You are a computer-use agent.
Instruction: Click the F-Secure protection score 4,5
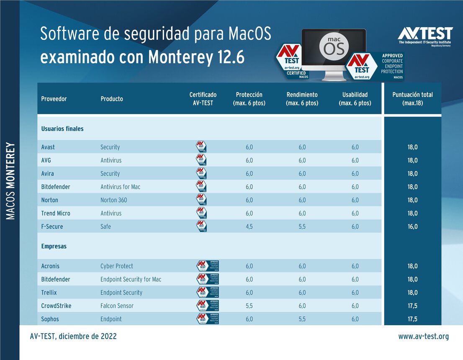[x=249, y=226]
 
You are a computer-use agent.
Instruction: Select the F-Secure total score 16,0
[x=412, y=226]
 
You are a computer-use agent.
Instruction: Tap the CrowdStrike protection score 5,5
[x=249, y=306]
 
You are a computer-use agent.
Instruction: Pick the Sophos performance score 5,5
[x=302, y=319]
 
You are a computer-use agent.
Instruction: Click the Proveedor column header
[x=54, y=99]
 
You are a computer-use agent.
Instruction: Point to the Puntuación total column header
[x=412, y=99]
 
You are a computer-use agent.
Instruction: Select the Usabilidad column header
[x=355, y=99]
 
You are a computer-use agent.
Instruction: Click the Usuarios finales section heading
[x=62, y=129]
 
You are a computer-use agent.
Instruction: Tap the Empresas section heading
[x=54, y=247]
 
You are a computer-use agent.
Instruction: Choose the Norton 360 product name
[x=113, y=200]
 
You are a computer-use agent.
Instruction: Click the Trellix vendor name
[x=49, y=293]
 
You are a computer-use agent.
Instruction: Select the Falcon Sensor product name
[x=117, y=306]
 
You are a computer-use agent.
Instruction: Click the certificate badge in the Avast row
[x=201, y=147]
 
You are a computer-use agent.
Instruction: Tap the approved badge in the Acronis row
[x=208, y=266]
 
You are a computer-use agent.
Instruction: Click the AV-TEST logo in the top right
[x=425, y=35]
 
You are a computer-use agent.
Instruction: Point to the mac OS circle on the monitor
[x=334, y=46]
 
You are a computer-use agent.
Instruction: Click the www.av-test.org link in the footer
[x=423, y=337]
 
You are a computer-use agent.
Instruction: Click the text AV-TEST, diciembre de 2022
[x=73, y=337]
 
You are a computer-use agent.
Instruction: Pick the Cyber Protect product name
[x=117, y=266]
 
